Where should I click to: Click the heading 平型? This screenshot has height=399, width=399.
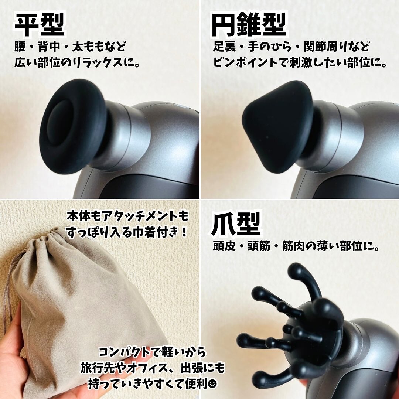[x=40, y=25]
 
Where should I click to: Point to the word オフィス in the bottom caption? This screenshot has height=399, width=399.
[x=144, y=368]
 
